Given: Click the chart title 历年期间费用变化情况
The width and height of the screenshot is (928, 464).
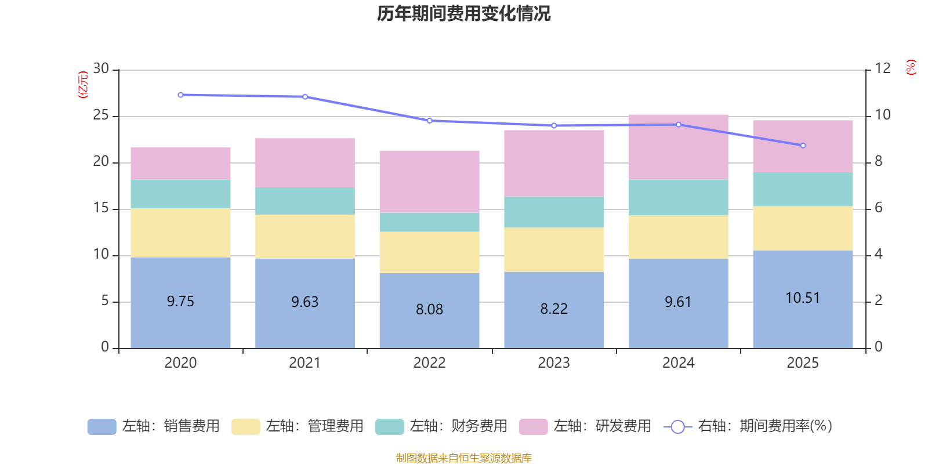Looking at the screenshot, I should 463,13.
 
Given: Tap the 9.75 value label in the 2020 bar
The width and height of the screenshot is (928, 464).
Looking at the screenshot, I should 180,302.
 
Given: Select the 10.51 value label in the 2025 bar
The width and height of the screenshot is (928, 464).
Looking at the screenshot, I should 803,298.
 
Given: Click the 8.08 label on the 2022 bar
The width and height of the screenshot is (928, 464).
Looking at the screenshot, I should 429,310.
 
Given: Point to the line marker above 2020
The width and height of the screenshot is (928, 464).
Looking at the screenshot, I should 180,95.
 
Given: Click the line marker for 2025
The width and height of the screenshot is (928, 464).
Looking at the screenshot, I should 803,146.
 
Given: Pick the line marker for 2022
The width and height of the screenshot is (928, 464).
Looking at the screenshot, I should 429,121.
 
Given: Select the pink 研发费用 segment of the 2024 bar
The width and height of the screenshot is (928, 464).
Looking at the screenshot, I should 678,147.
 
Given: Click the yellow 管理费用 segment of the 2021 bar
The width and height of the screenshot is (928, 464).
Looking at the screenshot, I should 305,237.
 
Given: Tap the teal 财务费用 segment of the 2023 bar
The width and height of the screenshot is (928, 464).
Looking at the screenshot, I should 554,212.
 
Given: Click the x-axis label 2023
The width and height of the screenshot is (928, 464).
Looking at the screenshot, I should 554,363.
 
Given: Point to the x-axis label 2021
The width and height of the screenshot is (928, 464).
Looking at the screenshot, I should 305,363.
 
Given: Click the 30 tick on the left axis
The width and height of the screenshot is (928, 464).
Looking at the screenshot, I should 101,69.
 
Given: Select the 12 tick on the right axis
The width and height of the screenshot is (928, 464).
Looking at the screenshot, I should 882,69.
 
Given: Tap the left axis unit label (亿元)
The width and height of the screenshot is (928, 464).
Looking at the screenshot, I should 84,85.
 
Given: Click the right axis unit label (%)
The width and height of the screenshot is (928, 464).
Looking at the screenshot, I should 911,67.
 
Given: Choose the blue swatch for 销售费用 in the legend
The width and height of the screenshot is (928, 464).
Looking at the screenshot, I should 101,427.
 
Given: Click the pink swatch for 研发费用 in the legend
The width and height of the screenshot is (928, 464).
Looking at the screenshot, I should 533,427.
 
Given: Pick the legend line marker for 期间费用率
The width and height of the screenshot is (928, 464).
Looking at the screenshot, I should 677,427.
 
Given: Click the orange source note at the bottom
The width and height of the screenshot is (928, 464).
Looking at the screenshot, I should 463,458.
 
